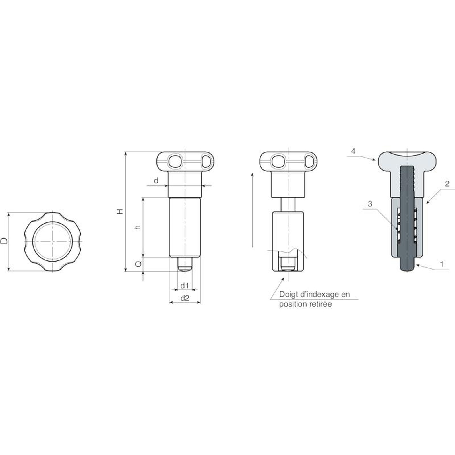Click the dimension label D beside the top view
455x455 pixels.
[4, 241]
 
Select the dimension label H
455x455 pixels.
[121, 211]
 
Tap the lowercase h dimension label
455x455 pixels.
[138, 227]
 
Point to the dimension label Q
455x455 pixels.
[138, 264]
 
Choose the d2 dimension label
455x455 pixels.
[185, 298]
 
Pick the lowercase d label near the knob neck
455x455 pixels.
[156, 181]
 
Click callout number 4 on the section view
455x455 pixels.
[353, 151]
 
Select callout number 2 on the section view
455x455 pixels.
[447, 184]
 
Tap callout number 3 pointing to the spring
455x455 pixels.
[370, 204]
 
